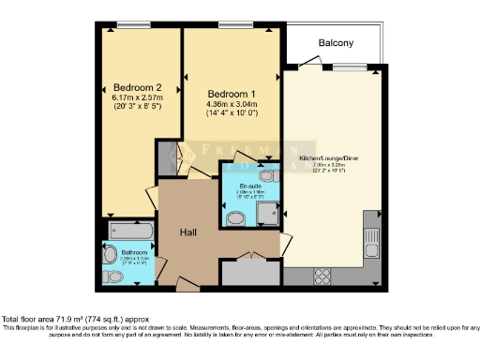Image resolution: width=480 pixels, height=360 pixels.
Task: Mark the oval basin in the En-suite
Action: pos(235,218)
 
